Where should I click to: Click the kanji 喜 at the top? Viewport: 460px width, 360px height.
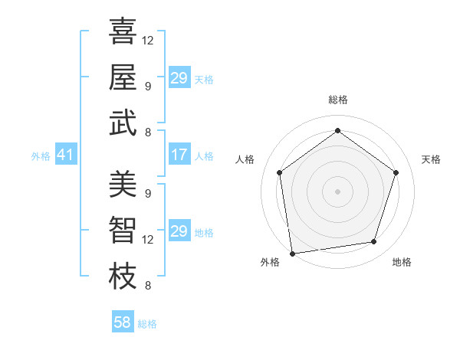click(x=123, y=32)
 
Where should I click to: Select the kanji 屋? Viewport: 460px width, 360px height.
click(x=123, y=78)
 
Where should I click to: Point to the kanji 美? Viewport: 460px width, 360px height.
click(x=123, y=185)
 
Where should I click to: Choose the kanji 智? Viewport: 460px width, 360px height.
click(x=123, y=231)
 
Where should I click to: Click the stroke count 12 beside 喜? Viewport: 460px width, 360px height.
click(x=148, y=40)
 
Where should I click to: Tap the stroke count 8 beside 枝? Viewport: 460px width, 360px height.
click(x=147, y=286)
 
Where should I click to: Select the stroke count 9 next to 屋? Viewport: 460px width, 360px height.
click(x=147, y=86)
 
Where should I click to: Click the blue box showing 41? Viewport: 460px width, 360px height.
click(x=65, y=155)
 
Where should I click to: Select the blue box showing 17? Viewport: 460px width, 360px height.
click(x=179, y=155)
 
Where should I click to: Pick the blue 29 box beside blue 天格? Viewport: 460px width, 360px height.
click(x=179, y=78)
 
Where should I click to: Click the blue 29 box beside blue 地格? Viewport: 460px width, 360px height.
click(x=179, y=231)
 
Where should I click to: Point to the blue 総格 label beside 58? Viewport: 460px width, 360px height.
click(x=147, y=324)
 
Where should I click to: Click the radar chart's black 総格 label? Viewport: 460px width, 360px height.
click(x=337, y=100)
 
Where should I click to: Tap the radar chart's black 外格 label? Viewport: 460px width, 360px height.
click(x=270, y=262)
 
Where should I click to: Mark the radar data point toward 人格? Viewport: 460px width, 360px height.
click(x=279, y=172)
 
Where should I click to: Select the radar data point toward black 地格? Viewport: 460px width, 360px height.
click(x=374, y=242)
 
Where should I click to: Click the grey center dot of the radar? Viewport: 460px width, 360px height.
click(x=337, y=191)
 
